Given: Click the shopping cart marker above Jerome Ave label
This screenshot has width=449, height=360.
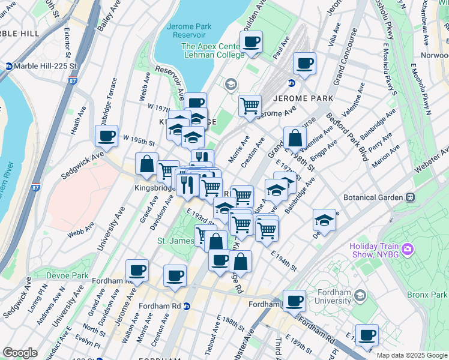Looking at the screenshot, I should (250, 106).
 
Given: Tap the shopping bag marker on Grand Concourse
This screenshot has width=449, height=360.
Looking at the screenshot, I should (295, 138).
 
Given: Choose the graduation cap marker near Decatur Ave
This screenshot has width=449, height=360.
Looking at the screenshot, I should (324, 220).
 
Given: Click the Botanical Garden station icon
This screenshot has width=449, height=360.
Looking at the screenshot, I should (411, 197).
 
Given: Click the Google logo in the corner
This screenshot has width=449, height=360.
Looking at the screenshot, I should (20, 353).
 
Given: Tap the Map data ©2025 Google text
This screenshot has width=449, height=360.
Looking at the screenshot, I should (411, 355).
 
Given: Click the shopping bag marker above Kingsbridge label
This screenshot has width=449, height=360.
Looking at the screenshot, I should (147, 163).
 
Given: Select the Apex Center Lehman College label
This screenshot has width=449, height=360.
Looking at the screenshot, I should (212, 50).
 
